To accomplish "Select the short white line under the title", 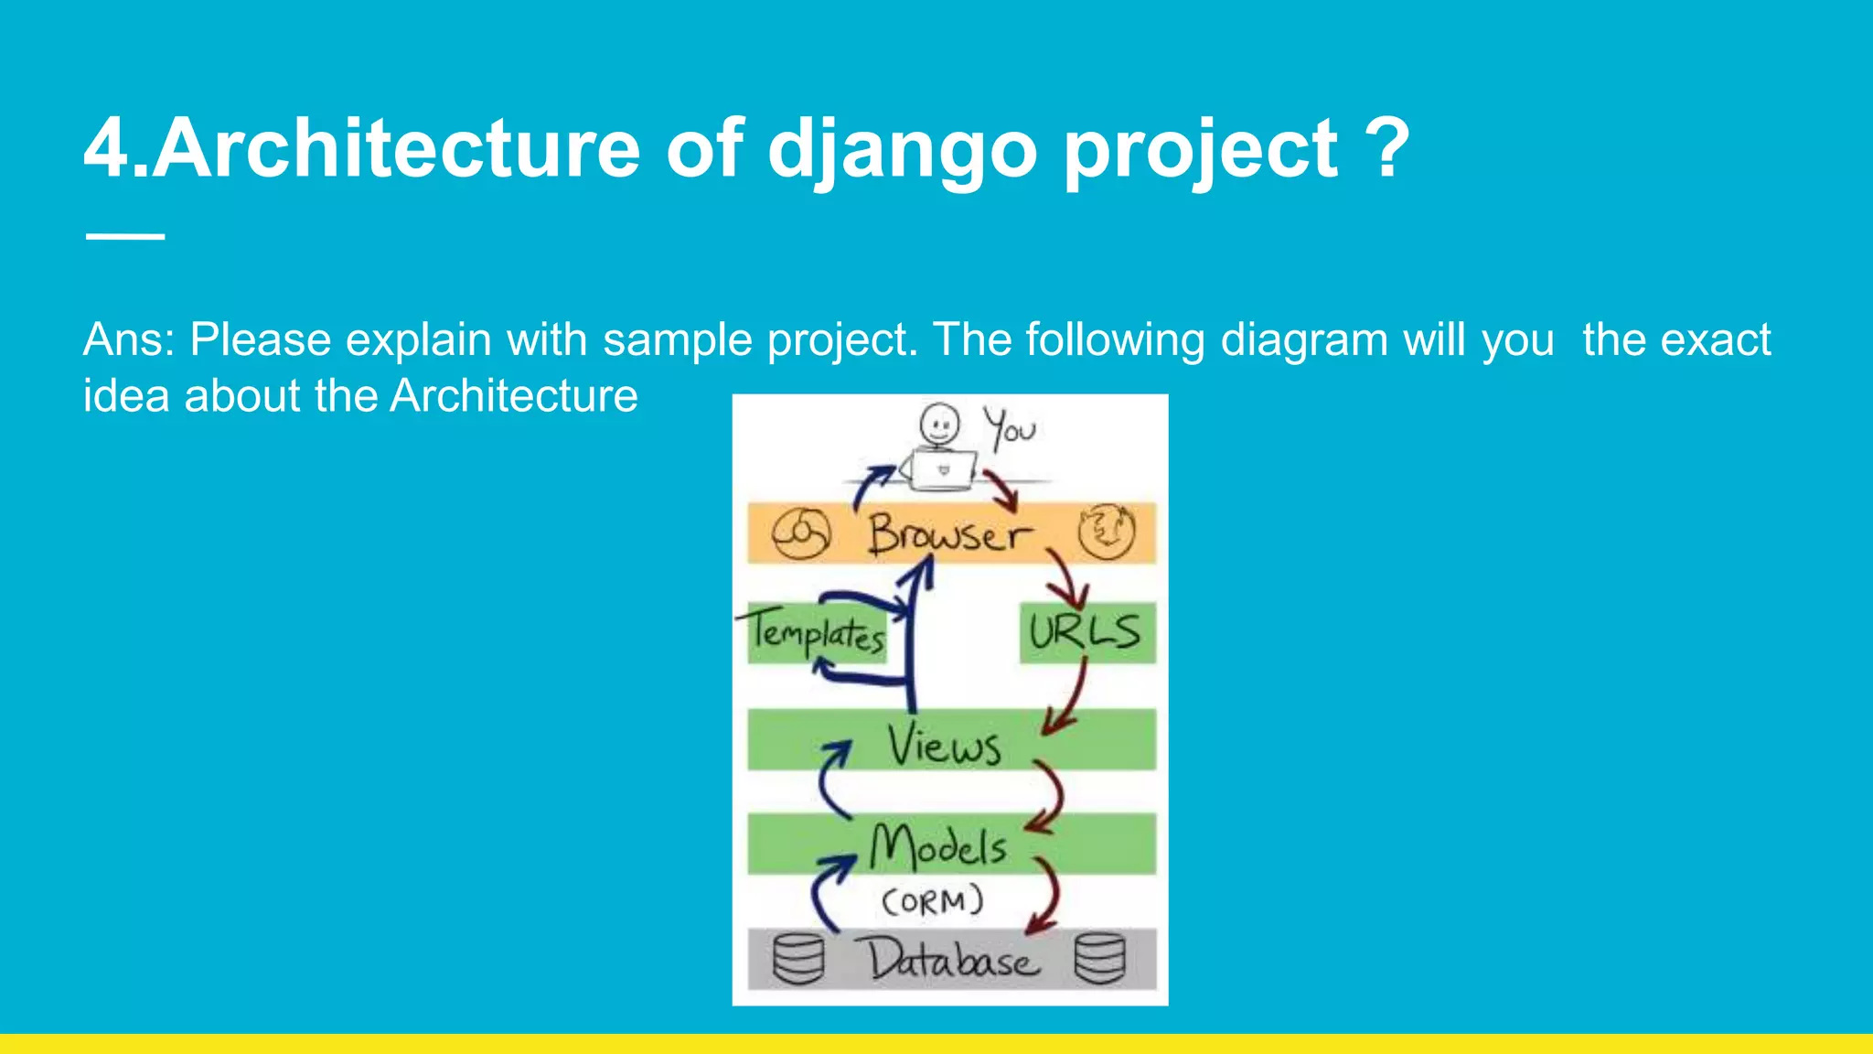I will (125, 236).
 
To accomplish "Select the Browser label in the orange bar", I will (949, 534).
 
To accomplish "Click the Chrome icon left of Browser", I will (800, 533).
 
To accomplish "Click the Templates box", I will (816, 633).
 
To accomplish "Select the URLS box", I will (1086, 632).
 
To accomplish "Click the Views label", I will (943, 745).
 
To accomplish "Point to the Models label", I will (938, 846).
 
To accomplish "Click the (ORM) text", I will (932, 901).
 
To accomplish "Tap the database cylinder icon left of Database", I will (798, 959).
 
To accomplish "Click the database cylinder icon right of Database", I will (1099, 959).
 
